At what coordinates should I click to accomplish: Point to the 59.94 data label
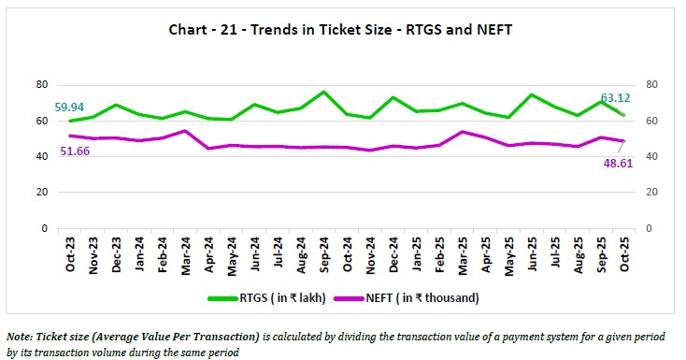[73, 108]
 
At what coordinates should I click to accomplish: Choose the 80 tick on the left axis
[41, 84]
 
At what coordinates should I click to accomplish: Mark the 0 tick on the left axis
[44, 228]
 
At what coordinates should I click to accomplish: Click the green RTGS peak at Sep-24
[323, 93]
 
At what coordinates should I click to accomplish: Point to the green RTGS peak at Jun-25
[531, 94]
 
